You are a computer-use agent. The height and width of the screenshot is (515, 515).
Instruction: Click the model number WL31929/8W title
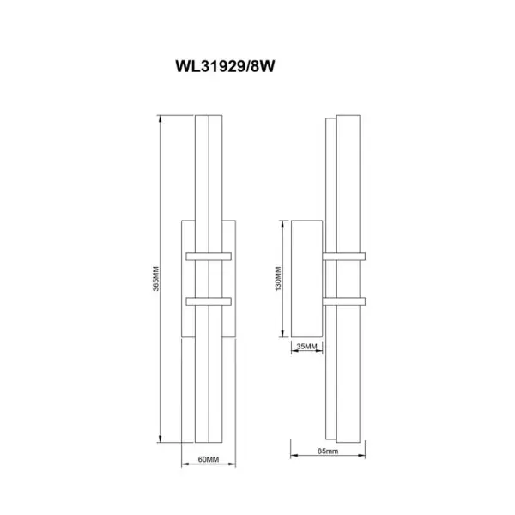(x=225, y=66)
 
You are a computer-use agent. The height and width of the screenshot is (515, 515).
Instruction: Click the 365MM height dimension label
(x=156, y=278)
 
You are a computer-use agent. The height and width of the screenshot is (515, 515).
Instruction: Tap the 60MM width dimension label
(x=209, y=459)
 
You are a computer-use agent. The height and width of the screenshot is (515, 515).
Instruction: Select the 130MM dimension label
(x=278, y=278)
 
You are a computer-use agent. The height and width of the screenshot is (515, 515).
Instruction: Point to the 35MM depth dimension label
(x=306, y=347)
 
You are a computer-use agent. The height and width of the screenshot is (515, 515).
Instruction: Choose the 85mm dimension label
(x=328, y=451)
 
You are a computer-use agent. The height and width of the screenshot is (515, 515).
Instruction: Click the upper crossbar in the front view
(x=209, y=257)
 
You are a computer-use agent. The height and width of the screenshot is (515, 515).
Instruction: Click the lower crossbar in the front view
(x=209, y=301)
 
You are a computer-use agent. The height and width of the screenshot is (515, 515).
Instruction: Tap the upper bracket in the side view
(x=344, y=257)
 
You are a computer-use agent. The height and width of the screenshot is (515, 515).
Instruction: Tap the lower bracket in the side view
(x=344, y=301)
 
